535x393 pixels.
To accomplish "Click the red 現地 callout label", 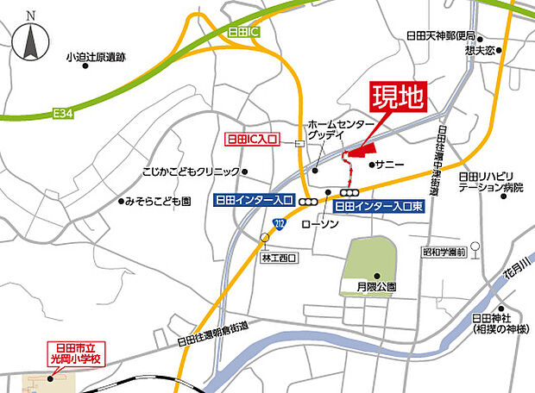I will [397, 97].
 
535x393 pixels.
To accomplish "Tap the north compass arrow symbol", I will [31, 39].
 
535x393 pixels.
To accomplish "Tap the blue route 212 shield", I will [278, 224].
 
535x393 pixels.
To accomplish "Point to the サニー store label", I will [384, 162].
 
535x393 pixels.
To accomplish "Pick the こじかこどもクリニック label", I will [190, 172].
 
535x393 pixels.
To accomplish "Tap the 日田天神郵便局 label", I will [441, 36].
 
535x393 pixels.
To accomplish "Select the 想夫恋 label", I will [479, 50].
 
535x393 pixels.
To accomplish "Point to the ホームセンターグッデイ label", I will [329, 130].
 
